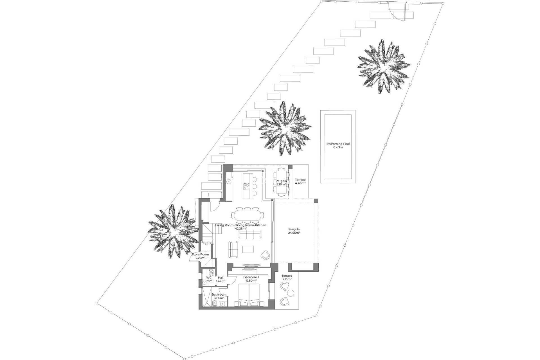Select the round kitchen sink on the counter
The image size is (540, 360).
(x=229, y=182)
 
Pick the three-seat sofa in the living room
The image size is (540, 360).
(x=250, y=234)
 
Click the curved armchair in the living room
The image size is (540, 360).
(x=265, y=255)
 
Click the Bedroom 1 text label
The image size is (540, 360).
(x=251, y=277)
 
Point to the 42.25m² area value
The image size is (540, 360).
(x=241, y=229)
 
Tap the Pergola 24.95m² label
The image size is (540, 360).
(x=294, y=231)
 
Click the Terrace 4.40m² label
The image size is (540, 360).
(x=300, y=181)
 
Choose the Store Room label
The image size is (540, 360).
(x=200, y=255)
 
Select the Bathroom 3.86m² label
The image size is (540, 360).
(x=219, y=296)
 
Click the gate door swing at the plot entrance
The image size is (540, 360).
(x=397, y=11)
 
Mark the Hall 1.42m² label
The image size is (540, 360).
(x=221, y=279)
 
